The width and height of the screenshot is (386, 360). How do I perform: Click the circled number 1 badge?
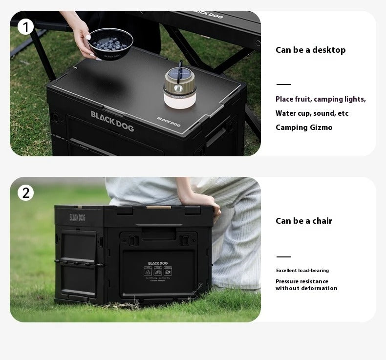(x=25, y=27)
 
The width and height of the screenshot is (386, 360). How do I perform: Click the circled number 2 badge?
(x=25, y=193)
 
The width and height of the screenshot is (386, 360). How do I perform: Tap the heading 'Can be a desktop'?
(x=310, y=50)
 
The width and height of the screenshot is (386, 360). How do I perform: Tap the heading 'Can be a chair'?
(x=303, y=221)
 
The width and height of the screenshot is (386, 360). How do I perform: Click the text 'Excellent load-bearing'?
(x=302, y=271)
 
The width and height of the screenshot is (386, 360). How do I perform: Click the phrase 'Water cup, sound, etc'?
(x=312, y=113)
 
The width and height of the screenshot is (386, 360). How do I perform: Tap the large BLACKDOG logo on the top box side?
(x=112, y=120)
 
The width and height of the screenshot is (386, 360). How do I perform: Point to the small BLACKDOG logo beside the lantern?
(x=169, y=120)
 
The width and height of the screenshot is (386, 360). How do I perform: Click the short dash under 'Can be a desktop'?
(x=283, y=85)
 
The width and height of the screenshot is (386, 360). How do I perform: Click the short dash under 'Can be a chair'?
(x=283, y=256)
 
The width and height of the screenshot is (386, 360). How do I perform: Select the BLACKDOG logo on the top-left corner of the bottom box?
(x=77, y=217)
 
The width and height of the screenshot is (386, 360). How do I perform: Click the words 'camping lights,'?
(x=340, y=99)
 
